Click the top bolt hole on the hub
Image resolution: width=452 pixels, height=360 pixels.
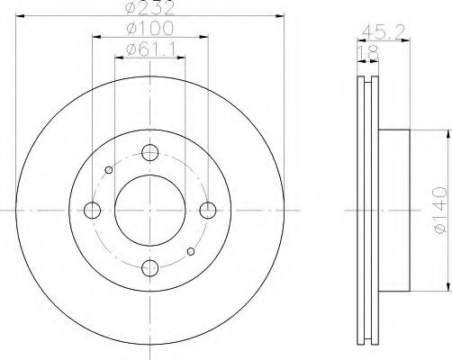[x=150, y=152]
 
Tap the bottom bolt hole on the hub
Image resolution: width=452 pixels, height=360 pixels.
[x=150, y=267]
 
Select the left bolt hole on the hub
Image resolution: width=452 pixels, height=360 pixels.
[x=92, y=210]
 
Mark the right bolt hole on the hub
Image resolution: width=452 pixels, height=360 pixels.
[x=208, y=210]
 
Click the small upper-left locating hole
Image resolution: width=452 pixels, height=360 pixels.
[x=110, y=169]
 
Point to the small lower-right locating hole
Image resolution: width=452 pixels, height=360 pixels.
[x=190, y=251]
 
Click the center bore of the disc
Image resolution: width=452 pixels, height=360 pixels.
[x=150, y=210]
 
